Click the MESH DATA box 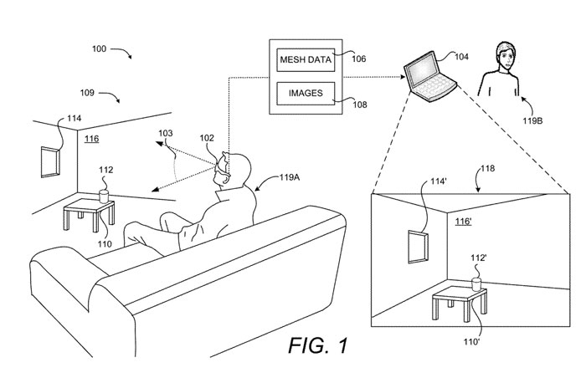(x=305, y=59)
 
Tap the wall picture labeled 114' (x=417, y=247)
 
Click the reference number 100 (x=100, y=50)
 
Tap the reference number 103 (x=166, y=132)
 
